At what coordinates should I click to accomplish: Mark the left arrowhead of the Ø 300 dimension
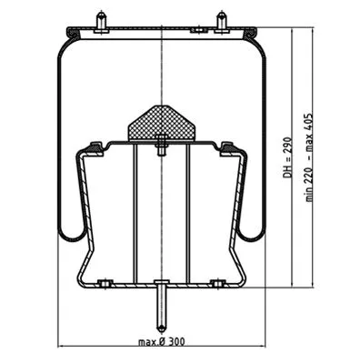tap(61, 348)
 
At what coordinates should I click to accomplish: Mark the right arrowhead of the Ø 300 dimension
tap(259, 348)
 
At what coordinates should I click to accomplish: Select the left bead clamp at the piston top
tap(93, 146)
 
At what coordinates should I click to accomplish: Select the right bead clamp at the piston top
tap(227, 146)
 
